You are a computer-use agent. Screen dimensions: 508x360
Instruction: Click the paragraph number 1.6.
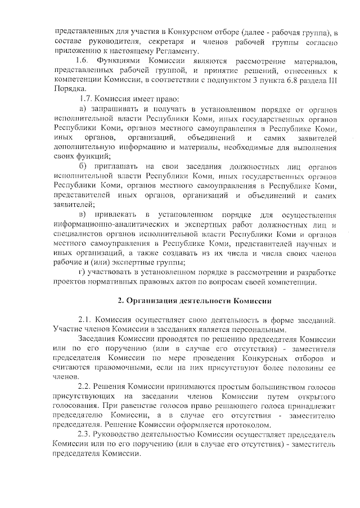(x=82, y=60)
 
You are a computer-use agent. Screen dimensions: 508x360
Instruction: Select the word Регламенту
(x=142, y=51)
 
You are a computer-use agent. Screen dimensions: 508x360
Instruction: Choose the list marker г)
(x=82, y=272)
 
